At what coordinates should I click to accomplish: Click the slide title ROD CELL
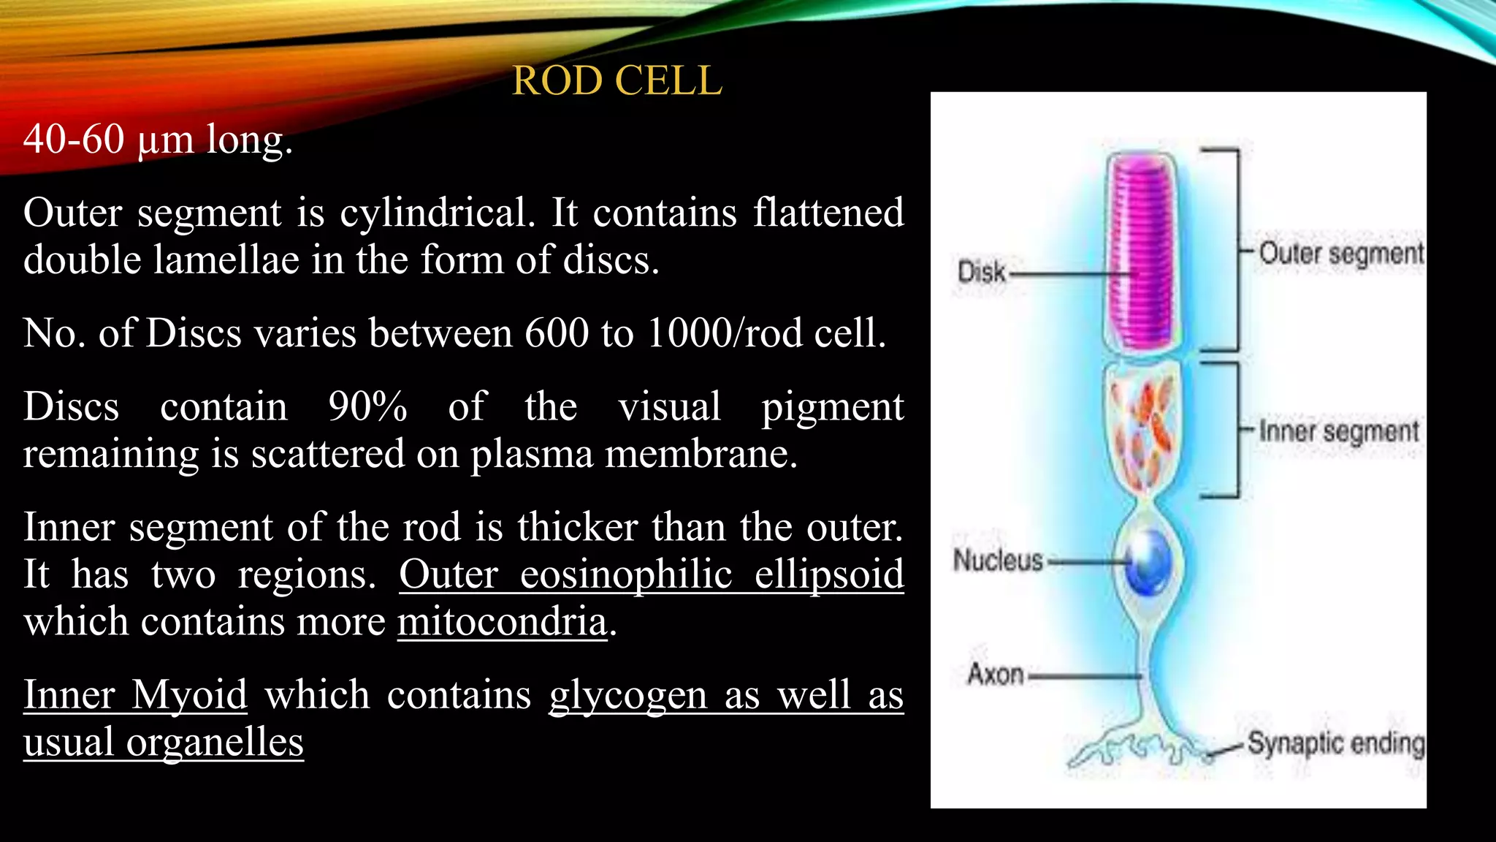tap(617, 80)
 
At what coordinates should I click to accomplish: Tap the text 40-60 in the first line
tap(73, 139)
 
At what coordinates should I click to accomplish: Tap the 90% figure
tap(367, 406)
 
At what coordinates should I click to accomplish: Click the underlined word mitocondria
tap(502, 622)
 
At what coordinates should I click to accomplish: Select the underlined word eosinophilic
tap(626, 574)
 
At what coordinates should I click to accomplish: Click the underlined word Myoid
tap(189, 694)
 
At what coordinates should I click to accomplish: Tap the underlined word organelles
tap(215, 743)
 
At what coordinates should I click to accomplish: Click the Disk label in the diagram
tap(981, 272)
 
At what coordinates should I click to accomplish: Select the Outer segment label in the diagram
tap(1340, 254)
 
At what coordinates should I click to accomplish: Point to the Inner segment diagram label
tap(1338, 431)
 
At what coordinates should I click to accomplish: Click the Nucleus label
tap(998, 561)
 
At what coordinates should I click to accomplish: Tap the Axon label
tap(995, 674)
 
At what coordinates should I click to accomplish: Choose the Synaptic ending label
tap(1335, 743)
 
